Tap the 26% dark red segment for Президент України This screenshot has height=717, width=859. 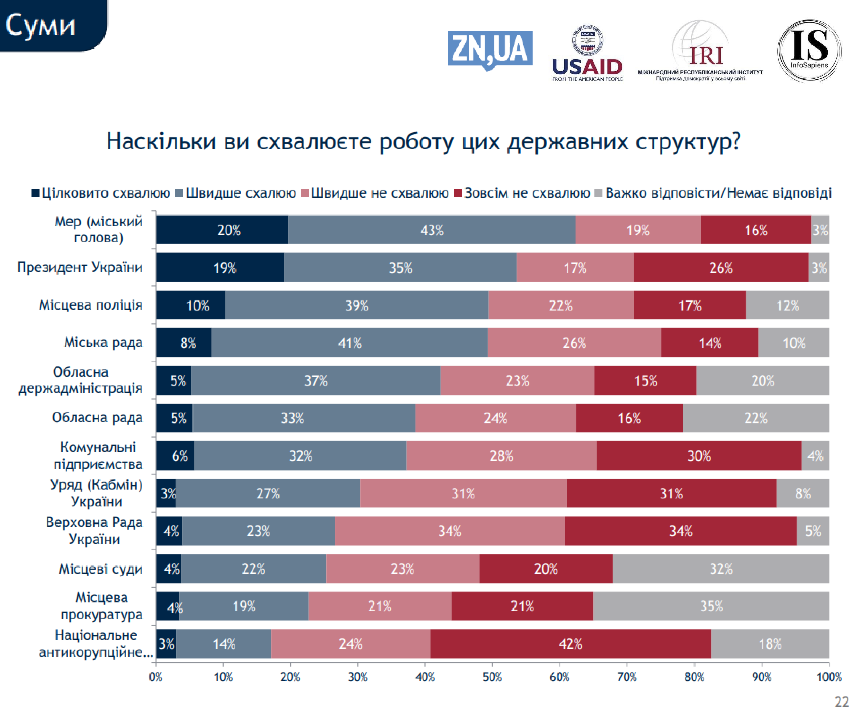point(720,268)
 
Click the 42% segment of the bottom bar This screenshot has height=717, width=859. point(570,644)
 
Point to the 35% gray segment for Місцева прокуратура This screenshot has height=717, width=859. point(711,606)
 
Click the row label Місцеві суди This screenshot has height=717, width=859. point(101,568)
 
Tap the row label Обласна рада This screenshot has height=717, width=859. point(97,418)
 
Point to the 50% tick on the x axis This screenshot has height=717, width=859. point(492,677)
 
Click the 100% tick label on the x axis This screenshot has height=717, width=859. point(829,677)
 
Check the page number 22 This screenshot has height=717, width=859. point(842,702)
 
